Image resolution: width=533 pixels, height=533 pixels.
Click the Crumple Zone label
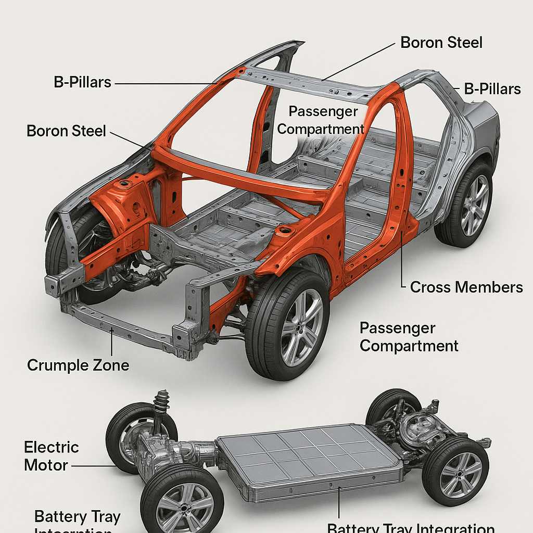(78, 365)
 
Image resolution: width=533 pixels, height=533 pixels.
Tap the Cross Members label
(466, 287)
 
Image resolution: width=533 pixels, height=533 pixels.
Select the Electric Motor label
(52, 456)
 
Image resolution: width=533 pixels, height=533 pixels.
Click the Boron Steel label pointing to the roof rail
(441, 42)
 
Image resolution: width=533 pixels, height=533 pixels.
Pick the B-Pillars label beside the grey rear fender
(492, 89)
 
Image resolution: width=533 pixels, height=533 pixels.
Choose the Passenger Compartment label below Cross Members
(409, 337)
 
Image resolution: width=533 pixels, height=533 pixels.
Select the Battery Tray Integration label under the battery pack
(411, 527)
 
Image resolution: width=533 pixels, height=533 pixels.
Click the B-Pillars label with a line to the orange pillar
(83, 82)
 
